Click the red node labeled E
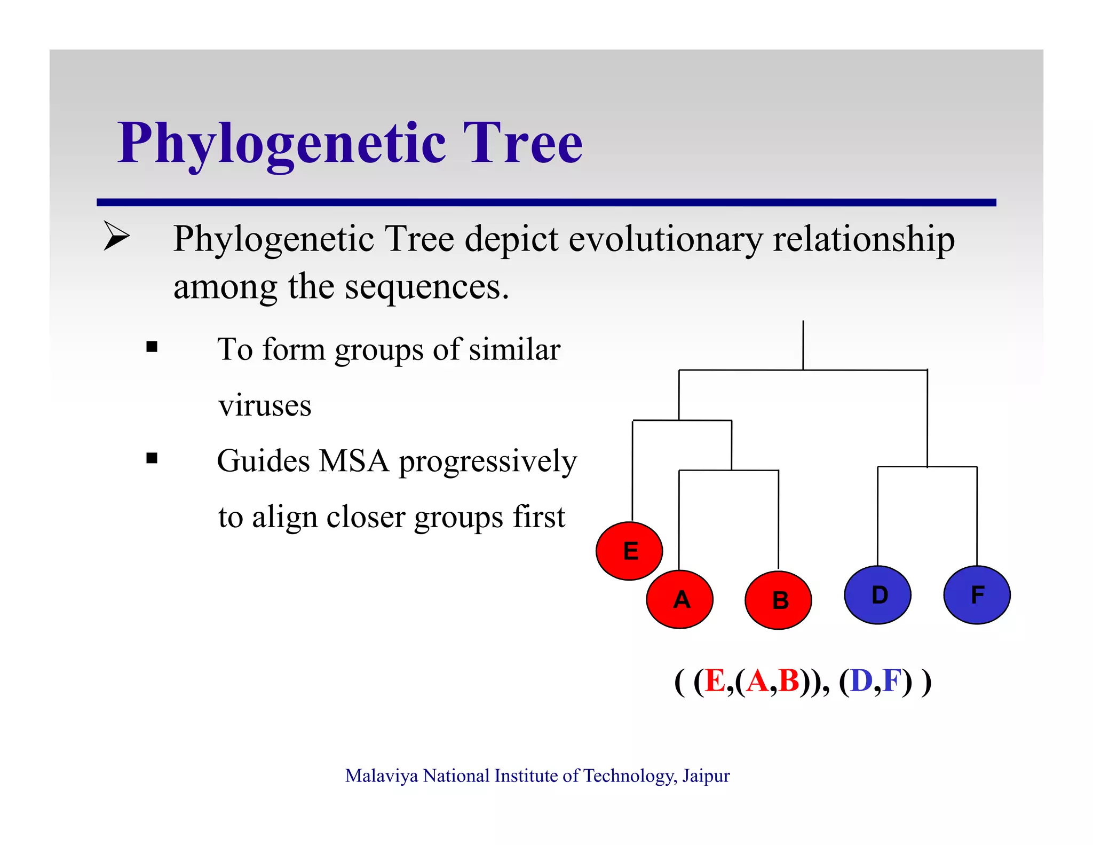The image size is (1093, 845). tap(629, 551)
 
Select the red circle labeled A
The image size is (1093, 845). tap(679, 599)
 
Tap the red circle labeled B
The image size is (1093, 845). tap(778, 600)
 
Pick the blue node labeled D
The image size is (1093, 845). tap(877, 595)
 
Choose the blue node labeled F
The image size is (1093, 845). tap(977, 595)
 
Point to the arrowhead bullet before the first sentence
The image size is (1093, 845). tap(116, 236)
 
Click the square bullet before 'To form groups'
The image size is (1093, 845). tap(152, 347)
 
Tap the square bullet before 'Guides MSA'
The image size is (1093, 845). tap(152, 458)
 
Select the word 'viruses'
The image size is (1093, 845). tap(265, 405)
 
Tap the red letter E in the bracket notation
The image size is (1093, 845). tap(715, 681)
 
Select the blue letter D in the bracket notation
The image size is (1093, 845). tap(861, 681)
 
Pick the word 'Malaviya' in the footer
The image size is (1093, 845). tap(381, 776)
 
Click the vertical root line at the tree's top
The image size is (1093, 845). tap(803, 345)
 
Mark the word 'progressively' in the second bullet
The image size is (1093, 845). tap(488, 462)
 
